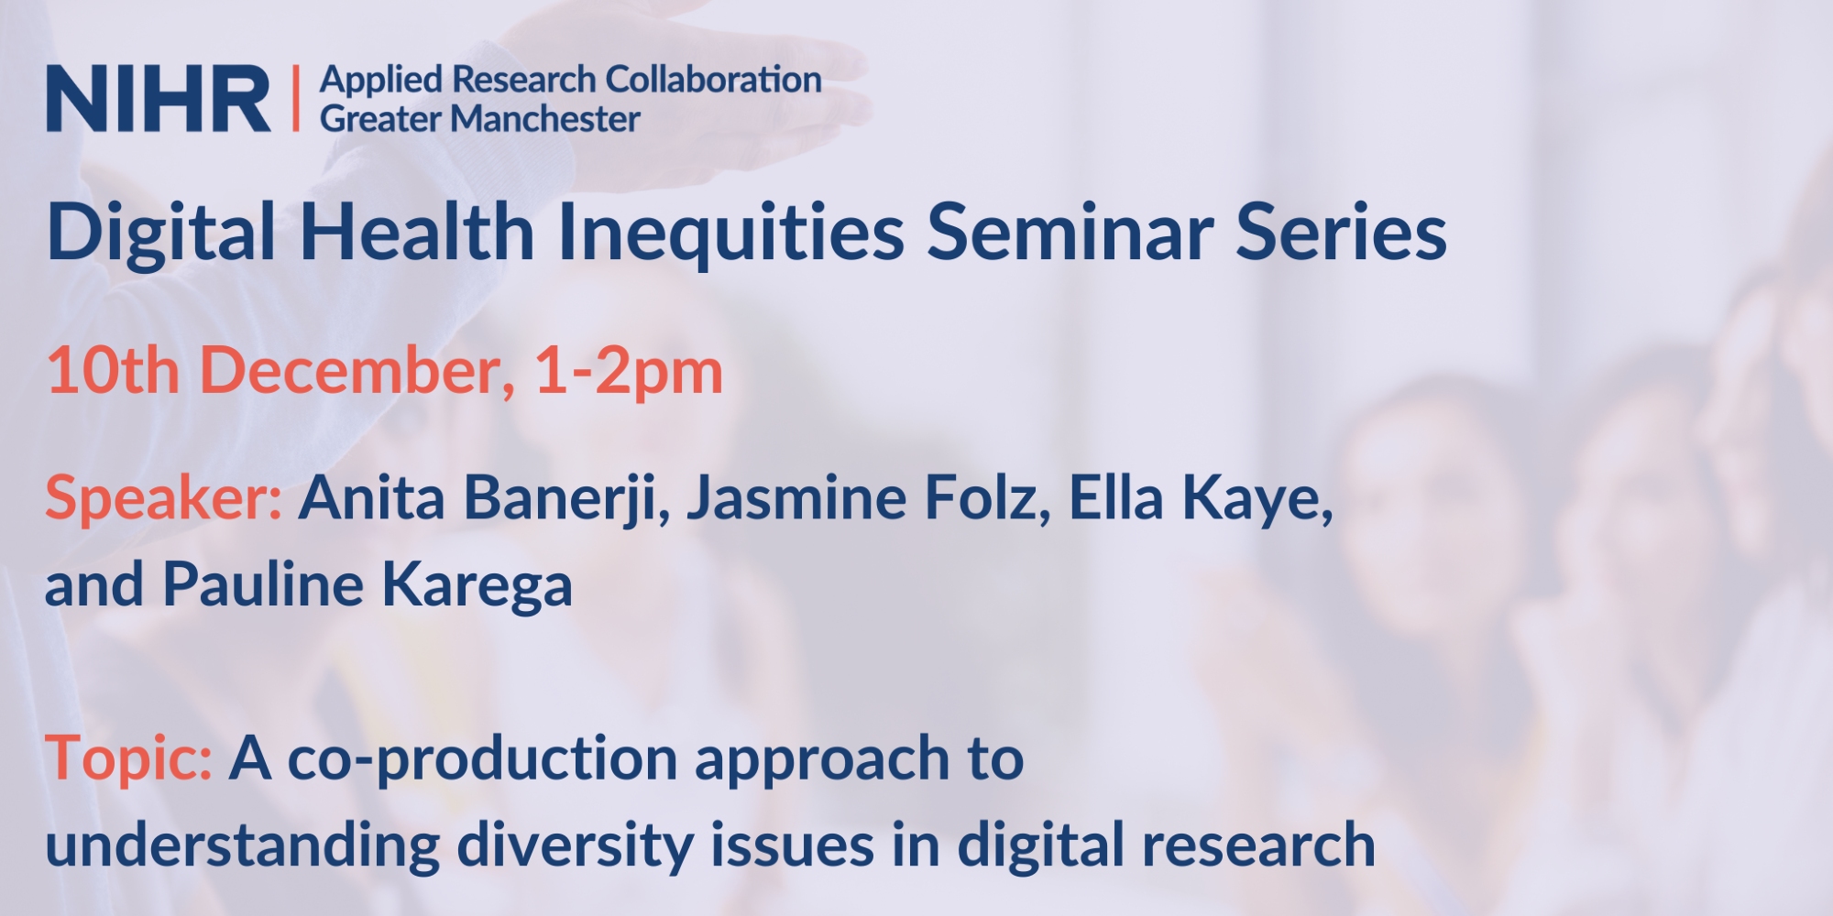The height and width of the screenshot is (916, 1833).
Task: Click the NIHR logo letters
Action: (159, 99)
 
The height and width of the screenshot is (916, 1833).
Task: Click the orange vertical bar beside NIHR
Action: (295, 98)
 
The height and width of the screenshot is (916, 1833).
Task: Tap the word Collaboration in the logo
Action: (713, 80)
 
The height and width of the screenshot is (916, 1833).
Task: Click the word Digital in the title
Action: (161, 234)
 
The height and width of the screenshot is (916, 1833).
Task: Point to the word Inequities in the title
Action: (731, 234)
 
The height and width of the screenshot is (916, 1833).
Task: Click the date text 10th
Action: (113, 371)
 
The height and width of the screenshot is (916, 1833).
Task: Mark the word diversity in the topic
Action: (576, 845)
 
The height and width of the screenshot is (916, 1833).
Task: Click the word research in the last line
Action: (1257, 845)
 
